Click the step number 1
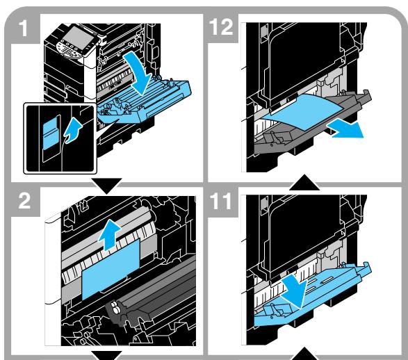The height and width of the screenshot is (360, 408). pos(24,28)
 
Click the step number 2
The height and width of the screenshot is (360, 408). pos(25,201)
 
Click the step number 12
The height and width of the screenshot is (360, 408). pos(221,26)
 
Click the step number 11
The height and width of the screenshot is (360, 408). pos(220,201)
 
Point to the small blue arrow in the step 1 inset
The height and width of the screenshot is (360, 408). pos(72,130)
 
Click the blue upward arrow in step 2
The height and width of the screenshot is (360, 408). pos(110,235)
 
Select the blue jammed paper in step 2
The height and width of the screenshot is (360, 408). pos(111,270)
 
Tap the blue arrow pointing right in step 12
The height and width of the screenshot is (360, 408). pos(346,129)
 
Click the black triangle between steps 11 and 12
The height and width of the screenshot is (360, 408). pos(304,182)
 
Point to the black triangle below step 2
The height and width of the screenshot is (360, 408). pos(106,355)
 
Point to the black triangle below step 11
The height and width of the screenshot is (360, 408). pos(304,354)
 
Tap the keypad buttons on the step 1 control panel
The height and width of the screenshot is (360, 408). pos(70,50)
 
